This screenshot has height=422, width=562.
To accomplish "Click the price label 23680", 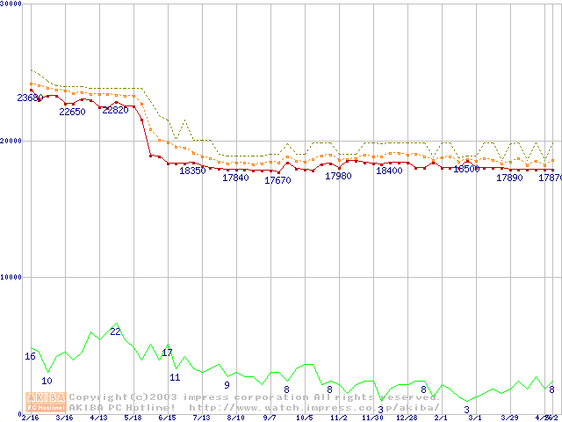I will coord(30,98).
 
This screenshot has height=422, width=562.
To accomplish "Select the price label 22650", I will coord(72,112).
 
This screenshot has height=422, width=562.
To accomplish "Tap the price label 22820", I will coord(115,110).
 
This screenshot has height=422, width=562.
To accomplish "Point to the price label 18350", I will coord(192,171).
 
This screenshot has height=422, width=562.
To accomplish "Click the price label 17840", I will coord(235,178).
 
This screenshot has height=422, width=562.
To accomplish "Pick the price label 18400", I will coord(389,171).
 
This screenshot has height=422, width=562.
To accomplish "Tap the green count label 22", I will coord(115,331).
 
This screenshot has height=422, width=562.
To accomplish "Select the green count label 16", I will coord(30,356).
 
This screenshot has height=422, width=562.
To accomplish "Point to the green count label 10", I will coord(47,381).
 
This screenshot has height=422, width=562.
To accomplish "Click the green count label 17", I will coord(167,353).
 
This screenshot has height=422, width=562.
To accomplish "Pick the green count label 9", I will coord(227,385).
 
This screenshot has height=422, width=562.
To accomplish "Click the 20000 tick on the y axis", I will coord(11,141).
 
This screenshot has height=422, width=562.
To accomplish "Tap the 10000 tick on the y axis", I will coord(11,277).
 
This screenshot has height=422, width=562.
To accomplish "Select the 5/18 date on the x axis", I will coord(133,418).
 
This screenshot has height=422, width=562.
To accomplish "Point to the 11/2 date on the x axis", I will coord(338,418).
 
